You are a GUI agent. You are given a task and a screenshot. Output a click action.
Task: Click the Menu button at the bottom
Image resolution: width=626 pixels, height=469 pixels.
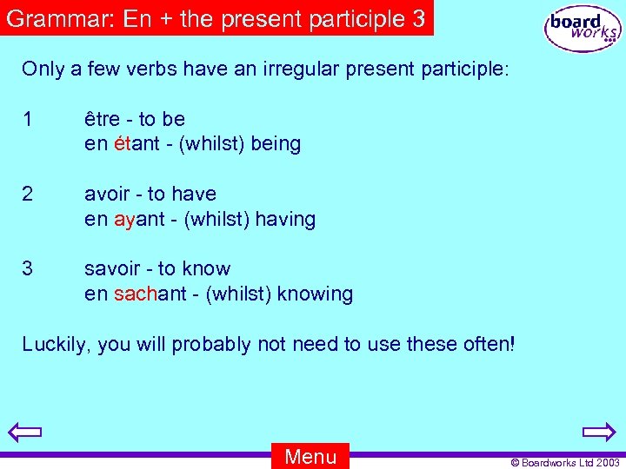pos(310,456)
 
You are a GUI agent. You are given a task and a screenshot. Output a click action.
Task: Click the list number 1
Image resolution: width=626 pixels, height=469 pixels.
pos(28,119)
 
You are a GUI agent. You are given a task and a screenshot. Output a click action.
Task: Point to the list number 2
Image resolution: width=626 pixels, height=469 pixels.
pos(28,194)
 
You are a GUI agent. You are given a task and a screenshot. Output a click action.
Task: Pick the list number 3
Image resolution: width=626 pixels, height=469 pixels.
pos(28,268)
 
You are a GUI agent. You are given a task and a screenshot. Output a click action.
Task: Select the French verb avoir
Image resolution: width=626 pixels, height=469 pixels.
pos(106,194)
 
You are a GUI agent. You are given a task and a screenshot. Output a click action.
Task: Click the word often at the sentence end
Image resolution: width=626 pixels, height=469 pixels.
pos(489,345)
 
